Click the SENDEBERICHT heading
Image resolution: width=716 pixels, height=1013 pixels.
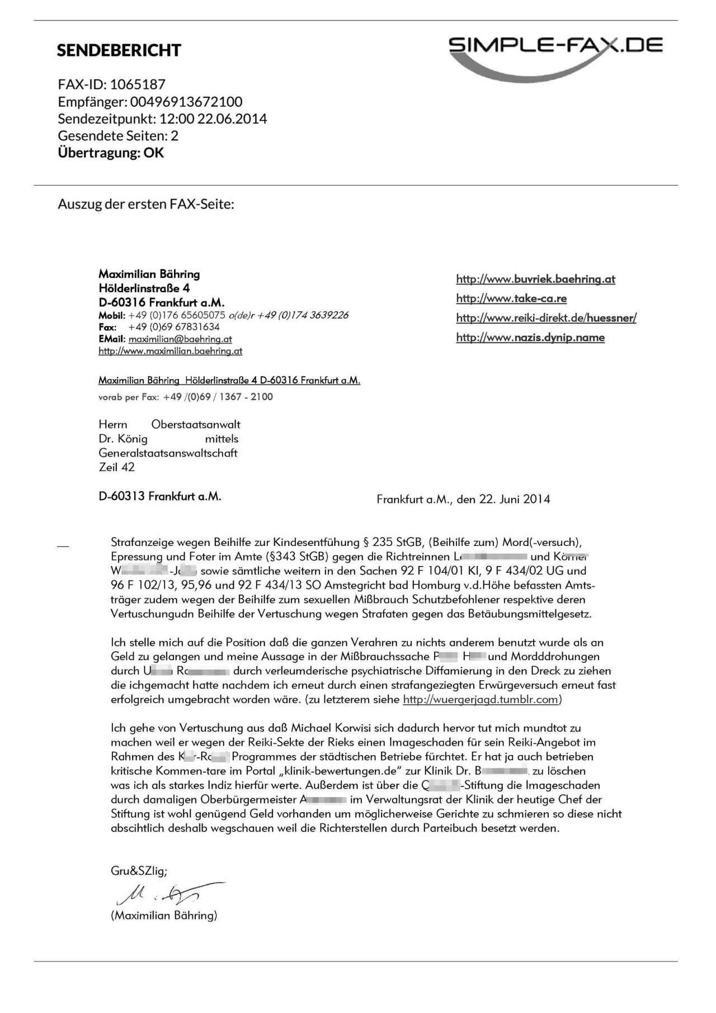[119, 50]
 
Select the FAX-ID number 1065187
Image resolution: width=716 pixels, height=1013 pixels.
[138, 84]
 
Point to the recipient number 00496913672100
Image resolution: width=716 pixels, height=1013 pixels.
[186, 102]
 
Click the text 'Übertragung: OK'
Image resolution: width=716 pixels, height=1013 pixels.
[111, 153]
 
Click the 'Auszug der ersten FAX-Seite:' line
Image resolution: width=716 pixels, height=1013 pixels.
[145, 204]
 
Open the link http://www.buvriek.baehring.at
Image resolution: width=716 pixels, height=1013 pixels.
[535, 279]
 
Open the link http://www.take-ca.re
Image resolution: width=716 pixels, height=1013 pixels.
[511, 299]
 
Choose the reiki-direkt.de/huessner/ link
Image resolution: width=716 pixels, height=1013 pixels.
[546, 318]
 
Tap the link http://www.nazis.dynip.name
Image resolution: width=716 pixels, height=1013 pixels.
[530, 337]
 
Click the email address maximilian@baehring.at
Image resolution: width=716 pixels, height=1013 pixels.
[180, 339]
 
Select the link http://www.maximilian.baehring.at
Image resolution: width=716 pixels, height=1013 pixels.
[170, 351]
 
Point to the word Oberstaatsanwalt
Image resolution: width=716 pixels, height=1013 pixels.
[196, 425]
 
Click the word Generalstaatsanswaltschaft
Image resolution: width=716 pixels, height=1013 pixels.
[168, 453]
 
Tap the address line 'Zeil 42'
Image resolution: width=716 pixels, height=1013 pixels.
[116, 467]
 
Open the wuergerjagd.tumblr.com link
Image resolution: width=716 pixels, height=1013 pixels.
[481, 700]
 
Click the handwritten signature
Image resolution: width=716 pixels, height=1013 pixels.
[168, 894]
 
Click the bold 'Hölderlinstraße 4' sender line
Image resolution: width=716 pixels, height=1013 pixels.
[144, 289]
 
